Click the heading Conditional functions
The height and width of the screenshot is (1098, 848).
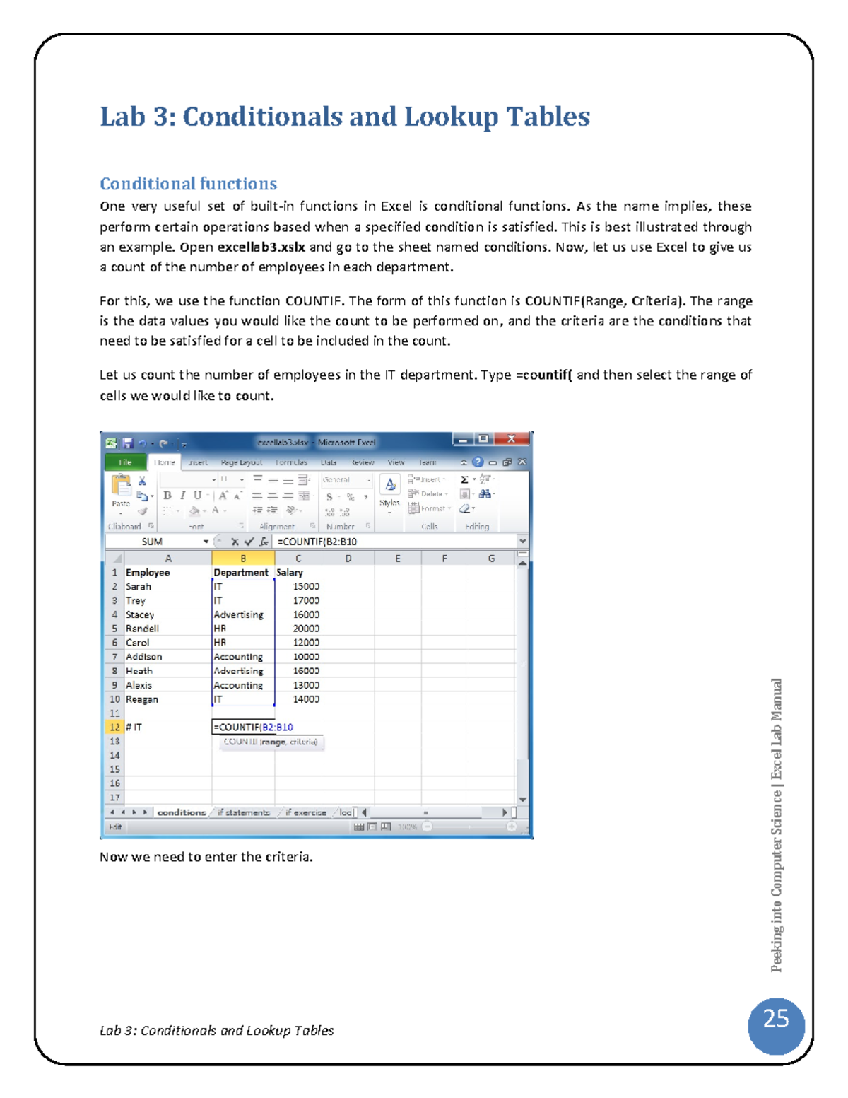[x=188, y=184]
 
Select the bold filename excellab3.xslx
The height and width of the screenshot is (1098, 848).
[x=261, y=247]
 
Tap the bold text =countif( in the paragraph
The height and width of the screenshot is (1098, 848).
[x=543, y=375]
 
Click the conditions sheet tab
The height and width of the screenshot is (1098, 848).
[x=181, y=812]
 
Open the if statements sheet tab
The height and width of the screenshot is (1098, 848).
[x=244, y=812]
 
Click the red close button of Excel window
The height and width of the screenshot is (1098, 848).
[x=511, y=440]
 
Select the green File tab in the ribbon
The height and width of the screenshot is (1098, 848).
[x=125, y=462]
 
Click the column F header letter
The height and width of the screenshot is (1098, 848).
[x=444, y=559]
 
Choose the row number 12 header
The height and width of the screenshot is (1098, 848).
[x=114, y=727]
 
